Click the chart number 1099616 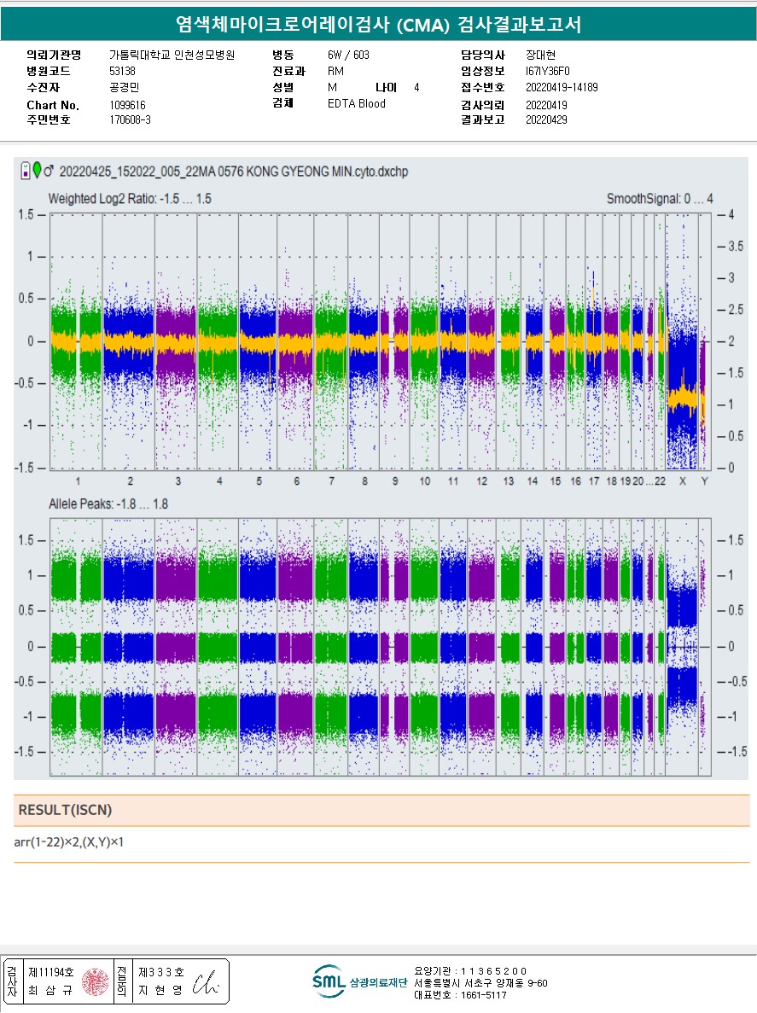pos(128,104)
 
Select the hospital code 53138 pos(122,71)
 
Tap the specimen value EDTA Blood pos(356,104)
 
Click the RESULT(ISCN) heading pos(65,810)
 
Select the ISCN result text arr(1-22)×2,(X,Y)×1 pos(75,843)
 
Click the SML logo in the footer pos(329,981)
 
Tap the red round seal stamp pos(96,981)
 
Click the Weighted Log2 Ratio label pos(130,199)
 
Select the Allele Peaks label pos(108,504)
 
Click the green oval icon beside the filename pos(37,170)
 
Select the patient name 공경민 pos(124,87)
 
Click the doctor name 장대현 pos(540,55)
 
